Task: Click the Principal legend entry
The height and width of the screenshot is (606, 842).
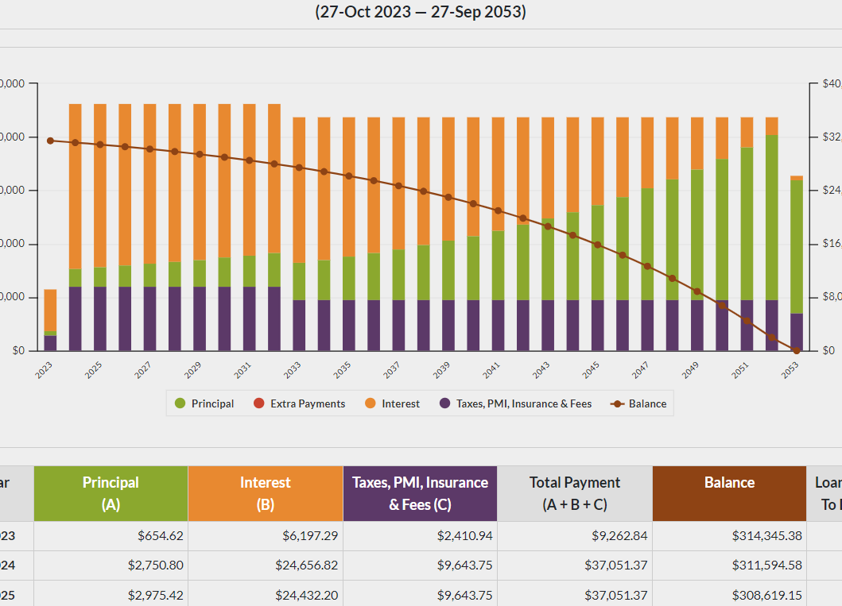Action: click(x=204, y=403)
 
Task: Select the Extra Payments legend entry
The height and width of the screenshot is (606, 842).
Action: click(x=299, y=403)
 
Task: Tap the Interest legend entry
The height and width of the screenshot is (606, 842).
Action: click(x=392, y=403)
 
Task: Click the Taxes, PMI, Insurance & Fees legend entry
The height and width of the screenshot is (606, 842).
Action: click(x=515, y=403)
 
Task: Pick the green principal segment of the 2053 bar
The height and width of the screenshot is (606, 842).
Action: click(x=796, y=246)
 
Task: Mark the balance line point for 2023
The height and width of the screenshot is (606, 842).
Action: click(x=50, y=141)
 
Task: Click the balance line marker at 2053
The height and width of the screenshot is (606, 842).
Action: click(x=796, y=350)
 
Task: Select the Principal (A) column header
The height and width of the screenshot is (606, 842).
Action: click(x=111, y=493)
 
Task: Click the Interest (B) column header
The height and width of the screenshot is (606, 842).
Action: click(x=265, y=493)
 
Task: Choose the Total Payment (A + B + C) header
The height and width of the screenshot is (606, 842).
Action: click(x=575, y=493)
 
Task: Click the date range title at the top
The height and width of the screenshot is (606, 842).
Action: click(x=421, y=13)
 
